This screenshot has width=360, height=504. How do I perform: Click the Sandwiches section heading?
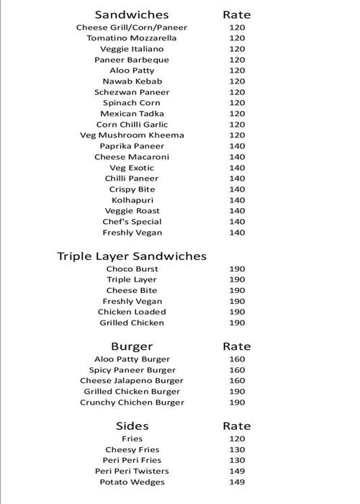tap(132, 14)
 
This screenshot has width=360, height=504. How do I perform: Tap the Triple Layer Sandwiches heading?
tap(132, 256)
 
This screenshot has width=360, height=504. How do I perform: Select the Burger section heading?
tap(132, 346)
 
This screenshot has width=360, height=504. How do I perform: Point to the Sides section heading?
tap(132, 426)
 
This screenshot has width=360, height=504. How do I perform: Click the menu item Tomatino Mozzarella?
tap(132, 38)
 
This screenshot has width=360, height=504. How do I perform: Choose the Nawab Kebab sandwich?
tap(132, 81)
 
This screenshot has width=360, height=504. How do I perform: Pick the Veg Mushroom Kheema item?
tap(132, 135)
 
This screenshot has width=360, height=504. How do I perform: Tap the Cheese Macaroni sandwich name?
tap(132, 157)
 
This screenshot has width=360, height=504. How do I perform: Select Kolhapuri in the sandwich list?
tap(132, 200)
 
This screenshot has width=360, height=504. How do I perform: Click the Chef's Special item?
tap(132, 222)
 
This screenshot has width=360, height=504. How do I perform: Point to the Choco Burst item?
tap(132, 269)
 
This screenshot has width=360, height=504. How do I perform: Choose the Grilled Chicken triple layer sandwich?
tap(132, 323)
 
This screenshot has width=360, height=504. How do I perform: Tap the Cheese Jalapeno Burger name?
tap(132, 381)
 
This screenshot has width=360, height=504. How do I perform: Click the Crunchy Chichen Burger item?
tap(132, 402)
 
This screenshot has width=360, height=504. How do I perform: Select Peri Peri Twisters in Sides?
tap(132, 471)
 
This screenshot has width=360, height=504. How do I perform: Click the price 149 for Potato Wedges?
tap(237, 482)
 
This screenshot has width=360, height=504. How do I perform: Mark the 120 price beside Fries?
tap(237, 438)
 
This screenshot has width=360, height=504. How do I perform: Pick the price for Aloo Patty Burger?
tap(237, 359)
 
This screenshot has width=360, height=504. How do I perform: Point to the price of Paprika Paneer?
tap(237, 146)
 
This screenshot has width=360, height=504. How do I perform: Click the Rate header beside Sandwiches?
tap(237, 14)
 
